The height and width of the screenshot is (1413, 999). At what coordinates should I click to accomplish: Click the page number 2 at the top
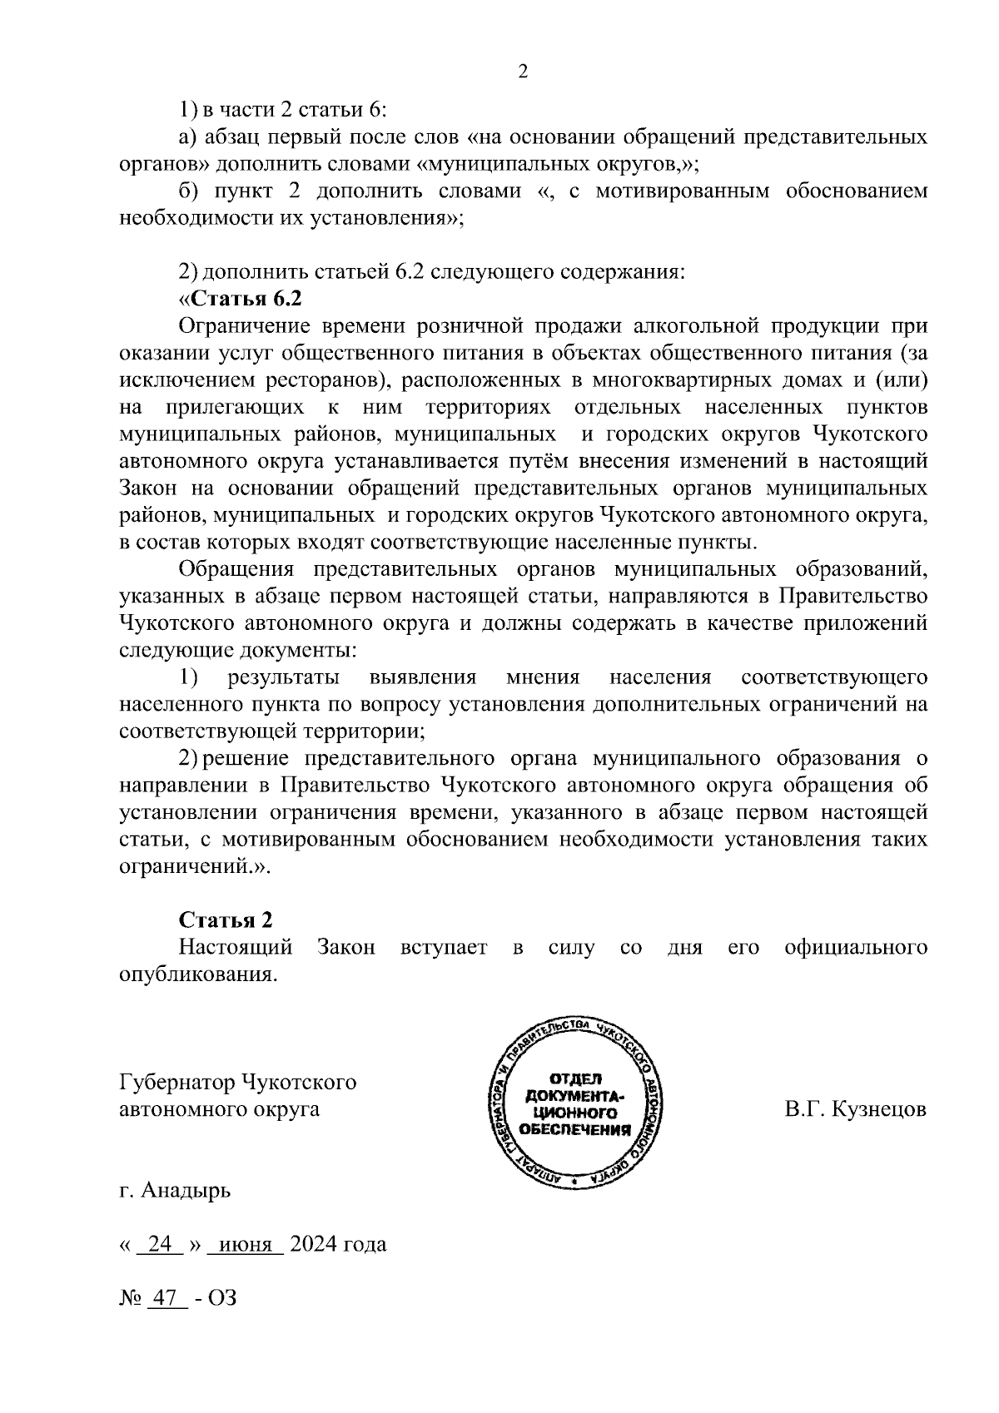click(x=523, y=72)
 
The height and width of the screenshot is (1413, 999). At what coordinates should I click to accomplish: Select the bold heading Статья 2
click(x=226, y=920)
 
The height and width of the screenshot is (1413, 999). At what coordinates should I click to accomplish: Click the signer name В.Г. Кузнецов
click(x=855, y=1109)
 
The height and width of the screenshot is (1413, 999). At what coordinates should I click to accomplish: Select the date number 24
click(x=159, y=1245)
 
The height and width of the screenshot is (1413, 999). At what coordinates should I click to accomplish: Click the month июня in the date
click(x=246, y=1245)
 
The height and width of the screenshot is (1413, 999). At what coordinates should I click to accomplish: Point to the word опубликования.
click(x=197, y=974)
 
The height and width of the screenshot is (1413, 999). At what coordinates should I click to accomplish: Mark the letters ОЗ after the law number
click(x=222, y=1297)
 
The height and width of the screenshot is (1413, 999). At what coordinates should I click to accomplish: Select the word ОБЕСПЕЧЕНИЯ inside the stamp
click(x=574, y=1129)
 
